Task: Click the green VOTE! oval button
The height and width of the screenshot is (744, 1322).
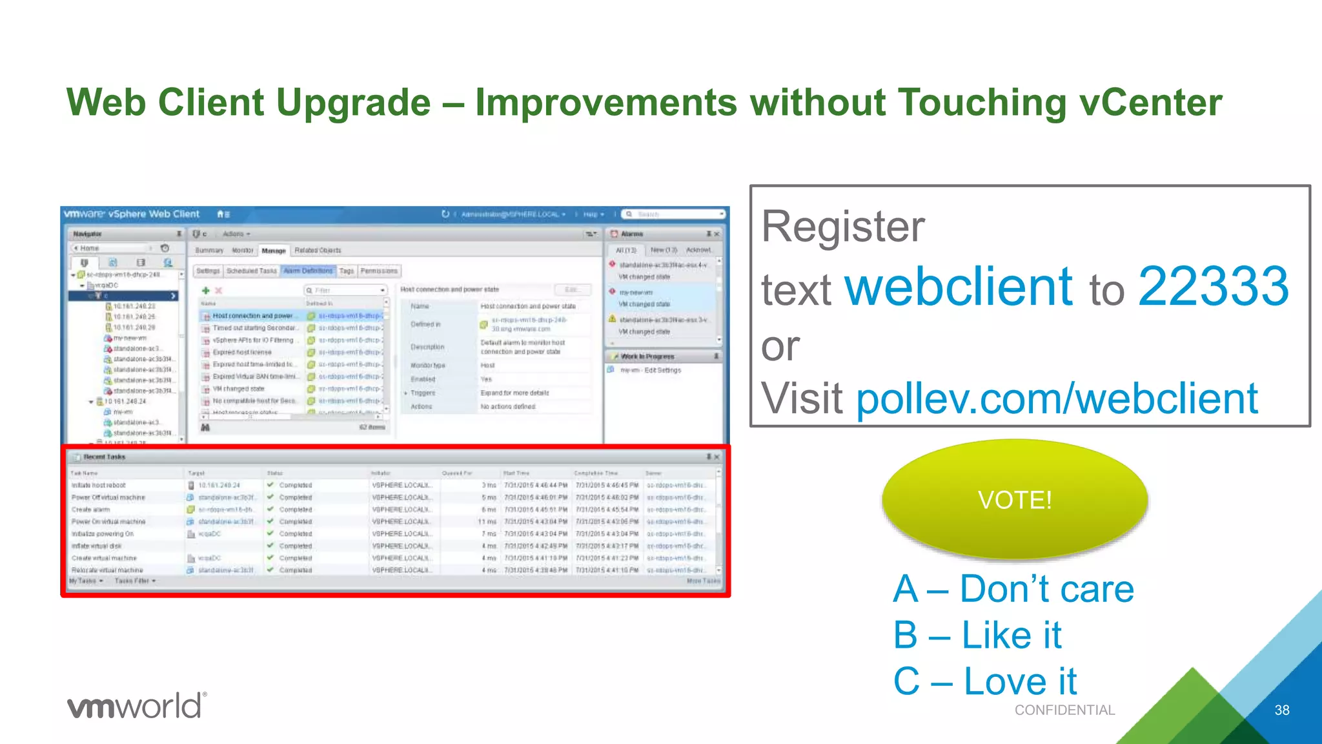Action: point(1014,499)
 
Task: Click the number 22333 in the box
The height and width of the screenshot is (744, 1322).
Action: point(1213,287)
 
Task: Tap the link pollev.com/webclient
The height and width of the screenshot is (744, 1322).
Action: point(1057,398)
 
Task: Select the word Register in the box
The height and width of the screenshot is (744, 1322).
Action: point(842,226)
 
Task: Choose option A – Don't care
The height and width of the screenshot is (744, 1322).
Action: point(1013,589)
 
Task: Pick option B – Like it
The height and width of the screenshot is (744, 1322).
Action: point(977,635)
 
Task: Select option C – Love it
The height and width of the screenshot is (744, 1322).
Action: point(984,681)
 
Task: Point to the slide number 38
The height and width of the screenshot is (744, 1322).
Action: point(1281,710)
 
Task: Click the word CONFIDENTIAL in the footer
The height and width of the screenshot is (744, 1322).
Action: point(1064,710)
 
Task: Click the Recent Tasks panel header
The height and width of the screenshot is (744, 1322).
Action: point(105,457)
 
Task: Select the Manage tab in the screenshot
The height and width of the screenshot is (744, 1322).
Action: point(274,251)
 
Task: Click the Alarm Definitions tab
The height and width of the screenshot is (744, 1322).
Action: point(308,271)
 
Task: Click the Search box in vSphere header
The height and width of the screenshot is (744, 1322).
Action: point(675,214)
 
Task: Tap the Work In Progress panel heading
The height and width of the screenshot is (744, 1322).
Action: point(647,356)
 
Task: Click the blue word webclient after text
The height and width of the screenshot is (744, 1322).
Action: point(959,287)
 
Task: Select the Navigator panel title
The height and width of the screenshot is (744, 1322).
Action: point(87,234)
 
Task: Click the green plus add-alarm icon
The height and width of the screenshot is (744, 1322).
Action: point(206,291)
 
